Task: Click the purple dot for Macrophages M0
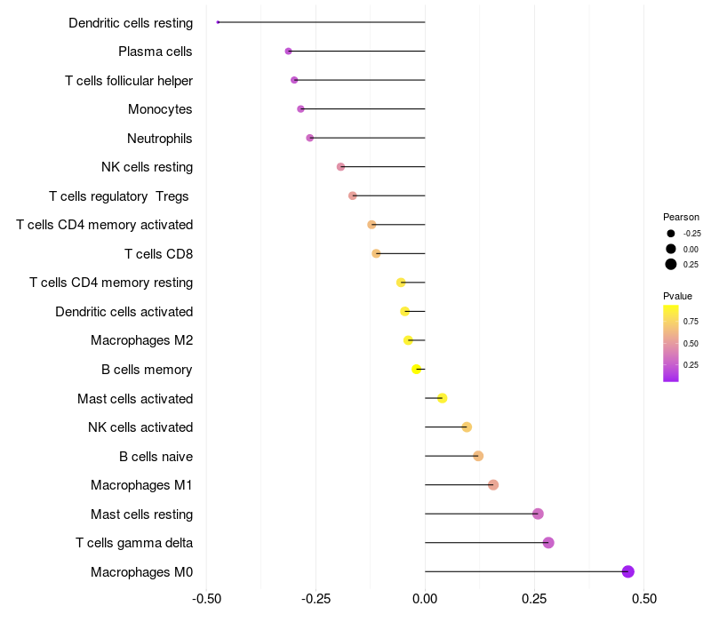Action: pos(627,571)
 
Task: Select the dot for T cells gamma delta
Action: pos(548,543)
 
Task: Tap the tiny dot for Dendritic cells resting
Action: pos(218,22)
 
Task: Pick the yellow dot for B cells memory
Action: pos(416,369)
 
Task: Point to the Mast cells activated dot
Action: pos(443,398)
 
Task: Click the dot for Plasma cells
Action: pos(288,52)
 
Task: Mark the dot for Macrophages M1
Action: pos(493,485)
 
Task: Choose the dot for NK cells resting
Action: pos(340,167)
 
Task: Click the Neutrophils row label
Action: pos(160,138)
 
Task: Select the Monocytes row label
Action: pos(160,109)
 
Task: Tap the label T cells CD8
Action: pos(159,254)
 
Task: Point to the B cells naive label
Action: pos(156,456)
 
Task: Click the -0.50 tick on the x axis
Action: pos(206,599)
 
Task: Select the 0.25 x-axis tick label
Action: pos(535,599)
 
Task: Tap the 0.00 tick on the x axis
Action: pos(425,599)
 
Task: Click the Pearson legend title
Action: pos(681,217)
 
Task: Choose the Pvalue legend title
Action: pos(677,296)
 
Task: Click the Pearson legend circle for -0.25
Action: pos(671,234)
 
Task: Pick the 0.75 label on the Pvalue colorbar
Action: pos(691,322)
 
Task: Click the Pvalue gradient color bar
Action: pos(671,343)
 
